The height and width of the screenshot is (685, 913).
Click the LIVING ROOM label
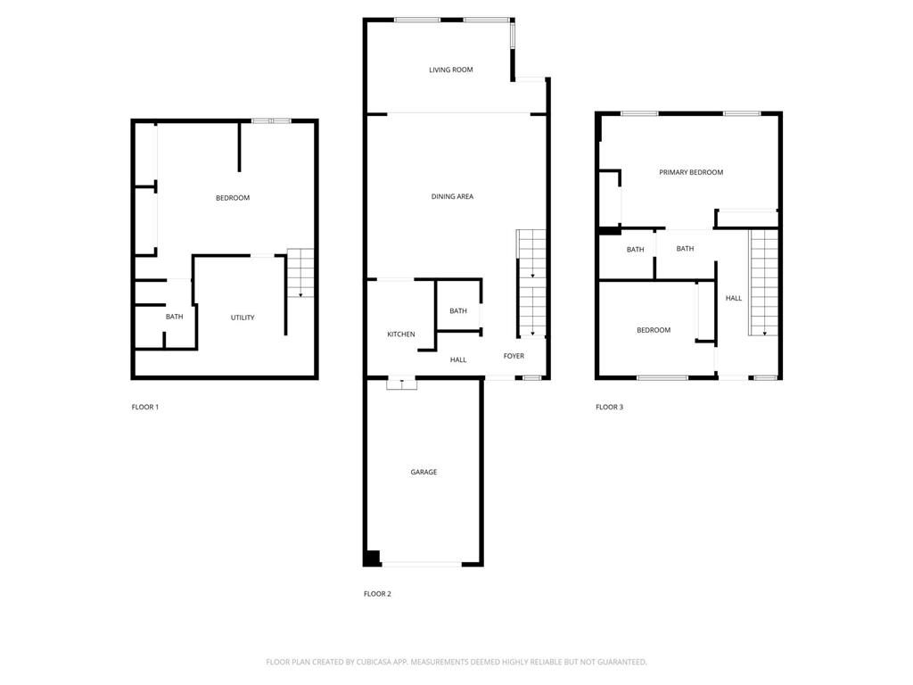point(450,70)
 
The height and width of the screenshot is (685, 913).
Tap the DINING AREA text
point(452,196)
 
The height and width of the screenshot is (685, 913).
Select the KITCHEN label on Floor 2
point(400,334)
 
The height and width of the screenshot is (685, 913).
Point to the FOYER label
point(514,356)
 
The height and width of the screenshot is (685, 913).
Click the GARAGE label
point(424,472)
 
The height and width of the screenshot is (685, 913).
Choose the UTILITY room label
point(243,318)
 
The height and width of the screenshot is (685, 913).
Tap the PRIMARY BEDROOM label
point(691,172)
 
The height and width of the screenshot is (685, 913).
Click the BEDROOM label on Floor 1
point(233,198)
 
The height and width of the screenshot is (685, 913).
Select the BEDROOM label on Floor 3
point(654,330)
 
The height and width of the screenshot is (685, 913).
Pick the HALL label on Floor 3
point(734,298)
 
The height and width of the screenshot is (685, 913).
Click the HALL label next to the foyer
point(458,359)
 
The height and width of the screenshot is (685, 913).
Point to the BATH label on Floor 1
point(174,317)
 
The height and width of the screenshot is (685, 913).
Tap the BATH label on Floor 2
point(458,311)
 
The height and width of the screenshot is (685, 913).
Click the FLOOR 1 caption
point(145,407)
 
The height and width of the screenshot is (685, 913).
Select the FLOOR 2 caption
point(377,593)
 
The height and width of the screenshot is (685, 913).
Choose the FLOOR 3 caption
point(610,407)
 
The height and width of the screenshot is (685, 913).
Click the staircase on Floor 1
point(301,273)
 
